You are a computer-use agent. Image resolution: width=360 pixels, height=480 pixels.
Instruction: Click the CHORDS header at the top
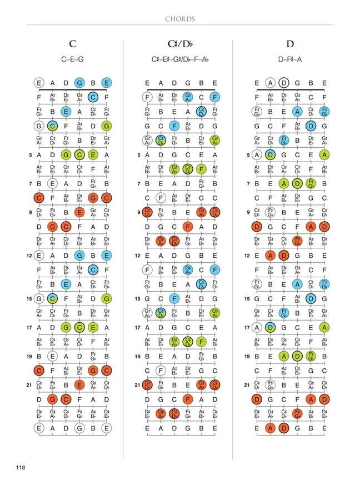click(x=180, y=19)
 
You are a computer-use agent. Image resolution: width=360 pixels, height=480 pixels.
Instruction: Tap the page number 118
click(x=21, y=467)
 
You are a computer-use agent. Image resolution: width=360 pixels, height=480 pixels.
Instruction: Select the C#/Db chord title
click(x=179, y=44)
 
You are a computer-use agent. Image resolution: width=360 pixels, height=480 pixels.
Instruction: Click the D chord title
click(x=289, y=44)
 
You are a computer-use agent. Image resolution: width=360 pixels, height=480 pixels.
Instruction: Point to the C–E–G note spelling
click(x=73, y=58)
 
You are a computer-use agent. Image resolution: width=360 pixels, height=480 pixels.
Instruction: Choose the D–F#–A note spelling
click(x=289, y=58)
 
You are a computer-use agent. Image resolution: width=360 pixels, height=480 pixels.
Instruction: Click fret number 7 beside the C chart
click(x=31, y=183)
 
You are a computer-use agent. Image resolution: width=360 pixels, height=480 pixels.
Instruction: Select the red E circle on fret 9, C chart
click(x=80, y=212)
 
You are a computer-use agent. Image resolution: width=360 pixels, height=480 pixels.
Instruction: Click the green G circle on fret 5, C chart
click(x=66, y=155)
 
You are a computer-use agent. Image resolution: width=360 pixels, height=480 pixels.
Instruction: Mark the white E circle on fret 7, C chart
click(x=53, y=183)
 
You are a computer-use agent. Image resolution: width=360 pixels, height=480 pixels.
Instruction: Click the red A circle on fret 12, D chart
click(x=271, y=256)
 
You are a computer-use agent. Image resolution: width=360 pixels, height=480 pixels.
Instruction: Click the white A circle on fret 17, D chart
click(x=257, y=327)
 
